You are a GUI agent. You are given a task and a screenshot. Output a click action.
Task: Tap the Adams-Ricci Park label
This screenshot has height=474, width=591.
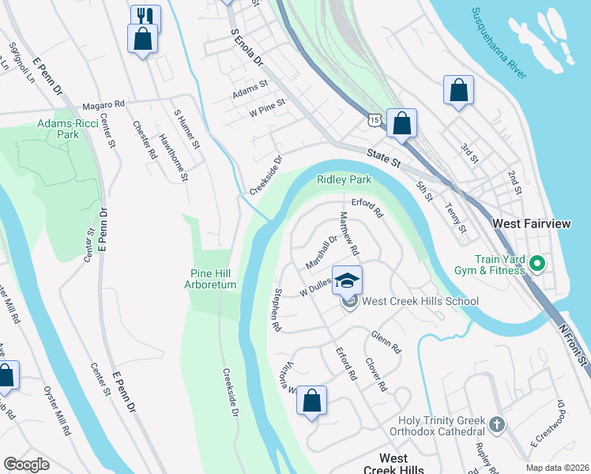pyautogui.click(x=58, y=129)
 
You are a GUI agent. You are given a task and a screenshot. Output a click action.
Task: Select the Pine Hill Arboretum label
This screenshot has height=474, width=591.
pyautogui.click(x=213, y=279)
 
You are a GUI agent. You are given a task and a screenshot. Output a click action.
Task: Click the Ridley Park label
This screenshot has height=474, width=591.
pyautogui.click(x=344, y=179)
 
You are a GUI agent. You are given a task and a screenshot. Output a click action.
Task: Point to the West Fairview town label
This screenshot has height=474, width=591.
pyautogui.click(x=531, y=224)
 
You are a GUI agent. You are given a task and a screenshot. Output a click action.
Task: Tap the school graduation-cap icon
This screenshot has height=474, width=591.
pyautogui.click(x=347, y=280)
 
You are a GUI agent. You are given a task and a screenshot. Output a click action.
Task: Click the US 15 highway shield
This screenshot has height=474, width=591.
pyautogui.click(x=375, y=118)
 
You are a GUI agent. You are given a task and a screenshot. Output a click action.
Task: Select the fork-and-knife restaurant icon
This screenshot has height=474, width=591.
pyautogui.click(x=145, y=17)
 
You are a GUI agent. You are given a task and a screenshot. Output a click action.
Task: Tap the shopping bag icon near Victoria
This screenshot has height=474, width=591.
pyautogui.click(x=312, y=401)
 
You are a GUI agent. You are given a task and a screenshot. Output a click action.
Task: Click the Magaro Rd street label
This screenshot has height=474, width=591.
pyautogui.click(x=104, y=104)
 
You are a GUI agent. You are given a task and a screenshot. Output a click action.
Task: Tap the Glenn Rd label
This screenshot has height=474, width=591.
pyautogui.click(x=386, y=341)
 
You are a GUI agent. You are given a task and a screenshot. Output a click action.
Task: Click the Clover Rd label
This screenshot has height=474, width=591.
pyautogui.click(x=375, y=375)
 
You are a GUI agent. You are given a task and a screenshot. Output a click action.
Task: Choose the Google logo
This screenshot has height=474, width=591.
pyautogui.click(x=26, y=465)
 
